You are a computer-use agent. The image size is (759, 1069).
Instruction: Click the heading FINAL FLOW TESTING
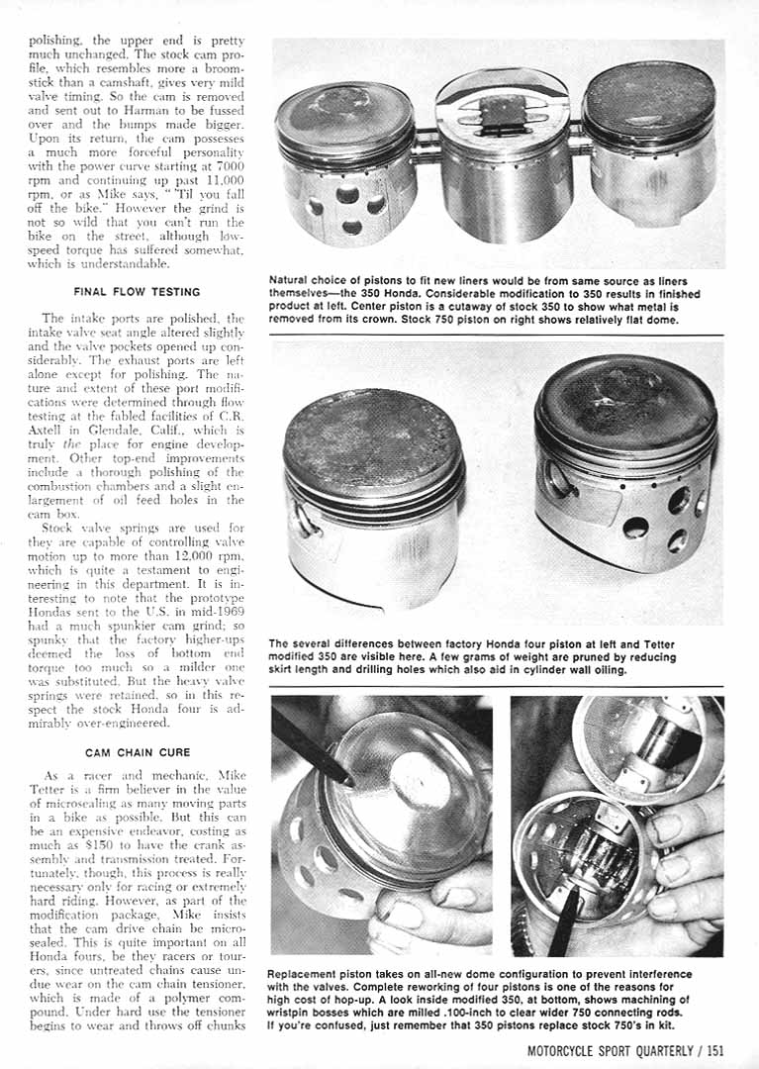(x=137, y=292)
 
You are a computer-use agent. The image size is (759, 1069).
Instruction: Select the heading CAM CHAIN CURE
(x=137, y=752)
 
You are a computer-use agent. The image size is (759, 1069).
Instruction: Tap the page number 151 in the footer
(x=711, y=1050)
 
